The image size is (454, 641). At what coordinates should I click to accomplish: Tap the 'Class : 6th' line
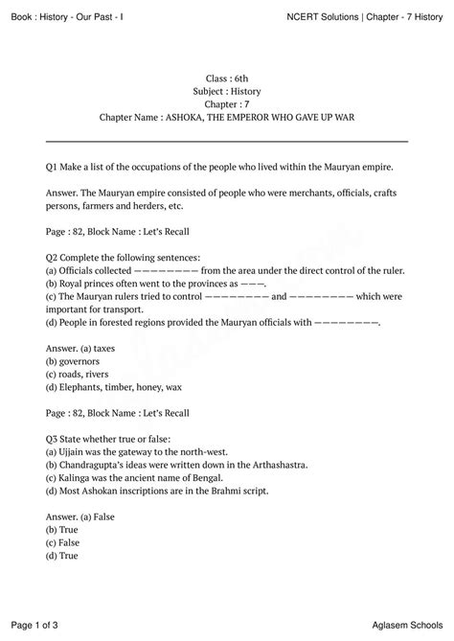click(227, 76)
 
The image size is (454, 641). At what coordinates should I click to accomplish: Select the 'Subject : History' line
click(227, 89)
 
